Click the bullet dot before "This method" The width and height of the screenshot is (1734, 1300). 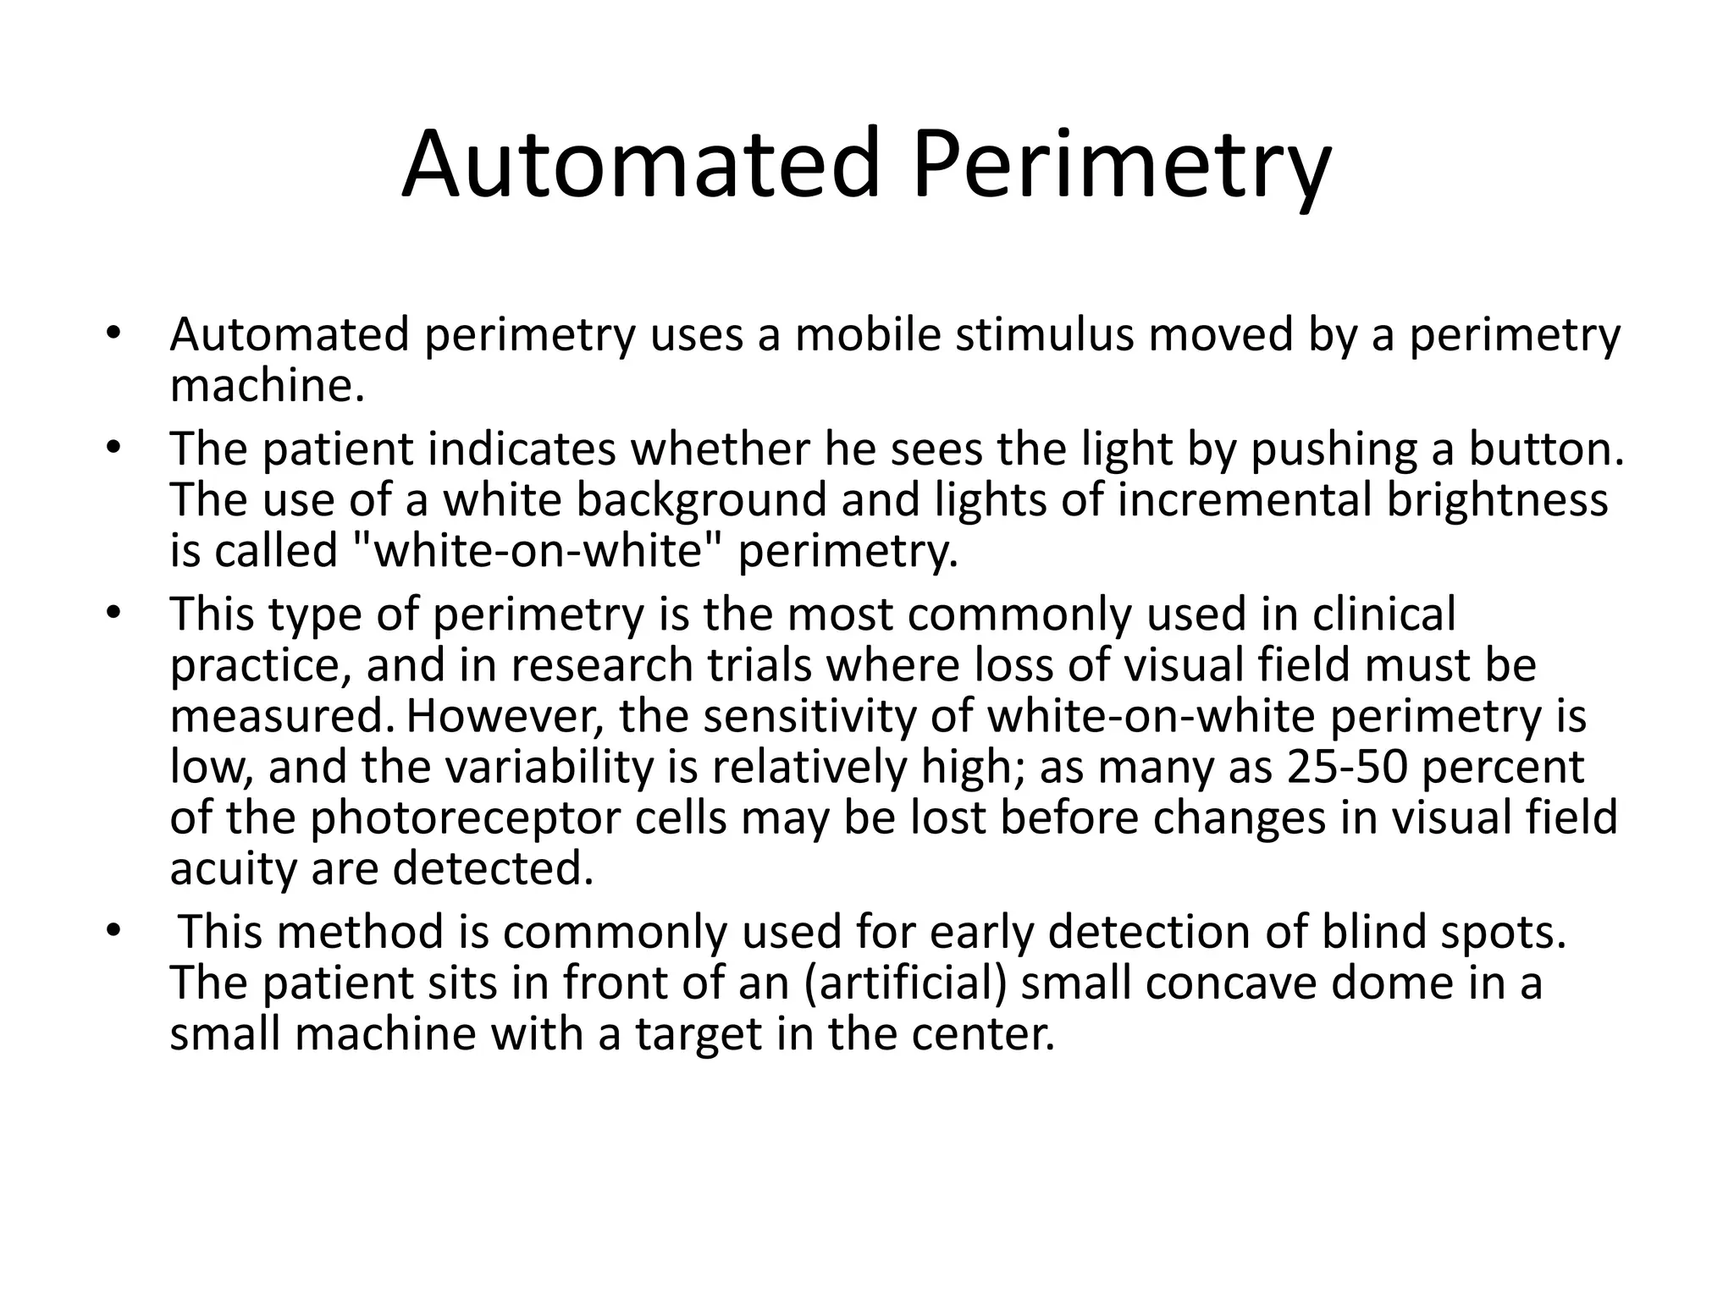tap(115, 932)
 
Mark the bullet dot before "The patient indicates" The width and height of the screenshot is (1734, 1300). tap(115, 449)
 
